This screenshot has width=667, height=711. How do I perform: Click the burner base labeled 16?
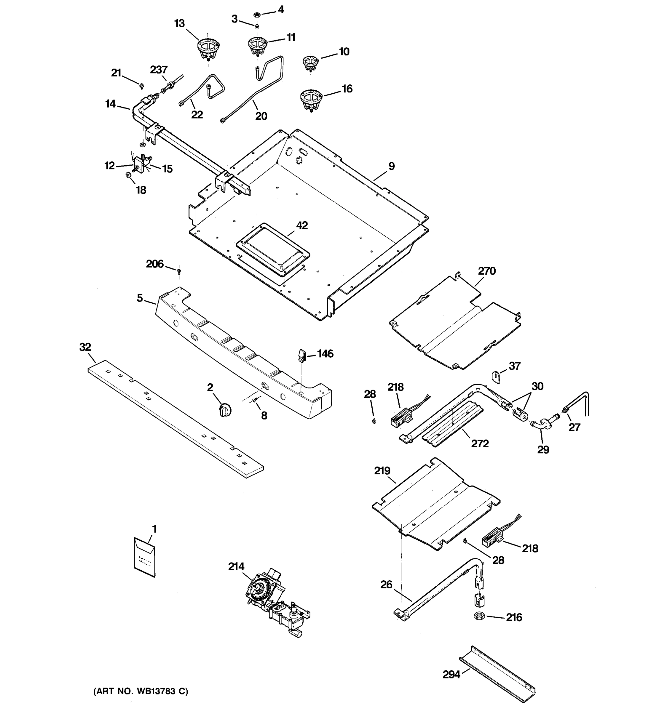pos(311,100)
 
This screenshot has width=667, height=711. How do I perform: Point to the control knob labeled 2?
pos(224,409)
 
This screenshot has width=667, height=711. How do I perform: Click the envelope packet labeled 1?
pos(145,557)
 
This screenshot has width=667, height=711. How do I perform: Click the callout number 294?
pos(451,674)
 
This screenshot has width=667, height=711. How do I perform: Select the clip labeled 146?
pos(301,356)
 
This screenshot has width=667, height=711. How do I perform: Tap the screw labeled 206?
pos(179,271)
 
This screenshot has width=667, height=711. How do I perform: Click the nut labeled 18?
pos(128,175)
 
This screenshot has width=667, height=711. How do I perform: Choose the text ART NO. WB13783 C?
pos(140,691)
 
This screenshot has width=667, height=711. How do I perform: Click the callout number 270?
pos(487,271)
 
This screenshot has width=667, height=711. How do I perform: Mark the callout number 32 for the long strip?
pos(85,347)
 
